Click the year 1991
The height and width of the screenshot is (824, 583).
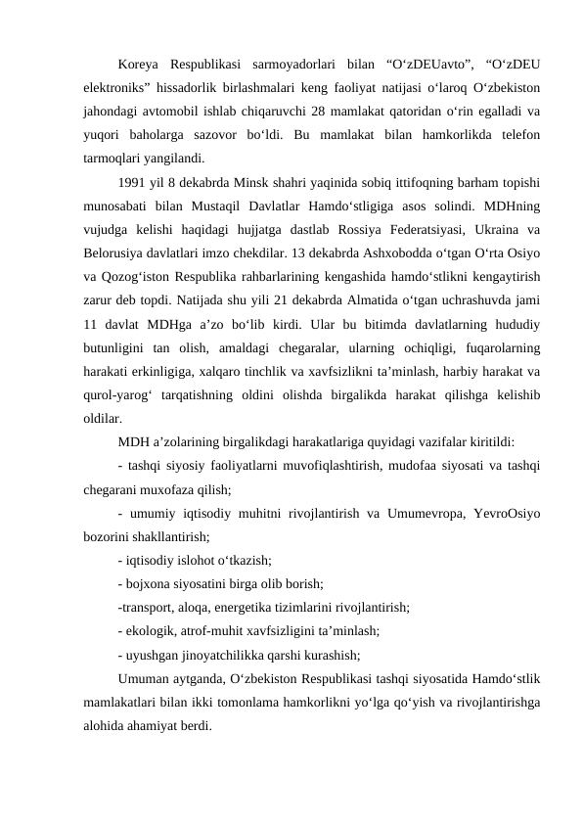[x=131, y=181]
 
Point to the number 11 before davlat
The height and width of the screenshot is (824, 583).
[x=91, y=321]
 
